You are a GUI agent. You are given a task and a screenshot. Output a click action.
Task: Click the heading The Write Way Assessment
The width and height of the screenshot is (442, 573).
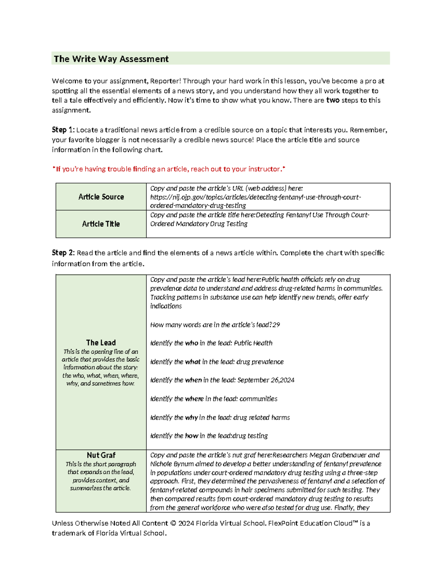pos(111,59)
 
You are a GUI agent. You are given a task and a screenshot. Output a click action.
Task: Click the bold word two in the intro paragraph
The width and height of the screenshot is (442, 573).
pos(333,100)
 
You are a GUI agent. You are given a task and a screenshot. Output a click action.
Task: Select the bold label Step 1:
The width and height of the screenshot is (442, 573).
pos(63,130)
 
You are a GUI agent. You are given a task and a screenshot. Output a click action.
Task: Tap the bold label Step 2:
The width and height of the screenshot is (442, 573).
pos(63,253)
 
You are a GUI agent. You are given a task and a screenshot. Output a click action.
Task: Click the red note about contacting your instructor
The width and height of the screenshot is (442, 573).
pos(169,169)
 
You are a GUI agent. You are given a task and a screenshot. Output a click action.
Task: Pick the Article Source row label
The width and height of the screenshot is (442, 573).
pos(101,197)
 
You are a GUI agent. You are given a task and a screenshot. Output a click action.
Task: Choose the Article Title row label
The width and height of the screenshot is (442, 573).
pos(101,224)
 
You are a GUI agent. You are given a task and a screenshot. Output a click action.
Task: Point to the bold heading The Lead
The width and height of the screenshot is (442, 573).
pos(101,342)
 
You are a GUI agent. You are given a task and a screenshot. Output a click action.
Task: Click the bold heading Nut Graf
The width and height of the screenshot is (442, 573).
pos(101,455)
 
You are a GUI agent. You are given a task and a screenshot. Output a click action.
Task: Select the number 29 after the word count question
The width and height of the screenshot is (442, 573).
pos(276,325)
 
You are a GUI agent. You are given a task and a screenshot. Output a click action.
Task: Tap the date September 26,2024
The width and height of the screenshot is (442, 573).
pos(266,380)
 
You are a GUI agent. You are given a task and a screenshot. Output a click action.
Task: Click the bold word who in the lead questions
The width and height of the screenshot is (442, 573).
pos(192,343)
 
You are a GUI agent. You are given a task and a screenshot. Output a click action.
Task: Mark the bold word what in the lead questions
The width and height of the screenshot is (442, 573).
pos(193,362)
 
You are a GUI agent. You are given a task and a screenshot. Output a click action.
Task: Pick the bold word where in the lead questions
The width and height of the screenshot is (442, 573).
pos(194,399)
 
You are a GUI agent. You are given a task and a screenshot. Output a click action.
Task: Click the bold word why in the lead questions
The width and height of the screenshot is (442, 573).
pos(191,418)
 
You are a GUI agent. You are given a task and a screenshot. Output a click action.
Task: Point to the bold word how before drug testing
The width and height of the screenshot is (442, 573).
pos(192,436)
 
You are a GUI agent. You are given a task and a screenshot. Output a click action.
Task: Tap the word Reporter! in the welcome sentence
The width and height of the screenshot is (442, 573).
pos(165,81)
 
